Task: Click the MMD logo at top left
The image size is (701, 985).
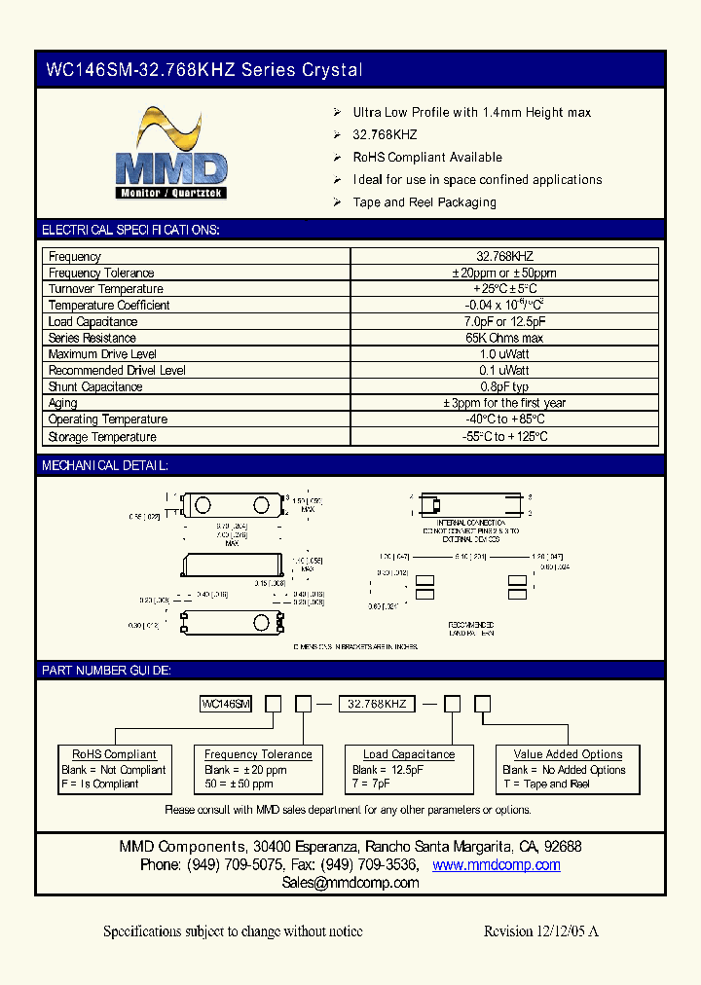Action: point(171,156)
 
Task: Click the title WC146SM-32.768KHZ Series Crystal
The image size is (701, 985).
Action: point(204,70)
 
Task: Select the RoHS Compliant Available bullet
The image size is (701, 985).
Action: point(427,157)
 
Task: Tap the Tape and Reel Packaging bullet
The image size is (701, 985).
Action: point(424,202)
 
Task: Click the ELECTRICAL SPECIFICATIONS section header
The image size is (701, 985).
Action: point(130,230)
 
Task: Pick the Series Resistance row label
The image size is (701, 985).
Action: point(92,338)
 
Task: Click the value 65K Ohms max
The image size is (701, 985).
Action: point(504,338)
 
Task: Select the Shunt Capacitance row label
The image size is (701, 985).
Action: point(95,386)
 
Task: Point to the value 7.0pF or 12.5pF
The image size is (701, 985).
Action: point(504,321)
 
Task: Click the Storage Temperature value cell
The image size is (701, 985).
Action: point(504,437)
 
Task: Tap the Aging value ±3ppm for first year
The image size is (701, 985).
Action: point(504,403)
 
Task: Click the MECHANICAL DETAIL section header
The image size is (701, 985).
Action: point(105,466)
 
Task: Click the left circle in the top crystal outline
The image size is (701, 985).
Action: point(203,504)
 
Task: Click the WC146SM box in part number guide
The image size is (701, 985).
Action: point(226,703)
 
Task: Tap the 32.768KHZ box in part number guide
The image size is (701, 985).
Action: point(377,703)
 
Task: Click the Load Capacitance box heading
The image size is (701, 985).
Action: point(409,754)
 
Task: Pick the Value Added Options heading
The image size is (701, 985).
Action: point(568,754)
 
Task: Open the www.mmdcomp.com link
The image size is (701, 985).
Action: point(497,865)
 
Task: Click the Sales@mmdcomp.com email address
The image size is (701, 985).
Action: point(350,883)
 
